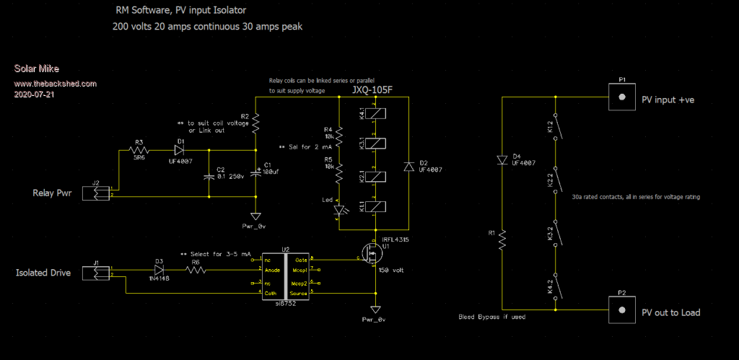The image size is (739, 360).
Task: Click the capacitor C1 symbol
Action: [255, 173]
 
